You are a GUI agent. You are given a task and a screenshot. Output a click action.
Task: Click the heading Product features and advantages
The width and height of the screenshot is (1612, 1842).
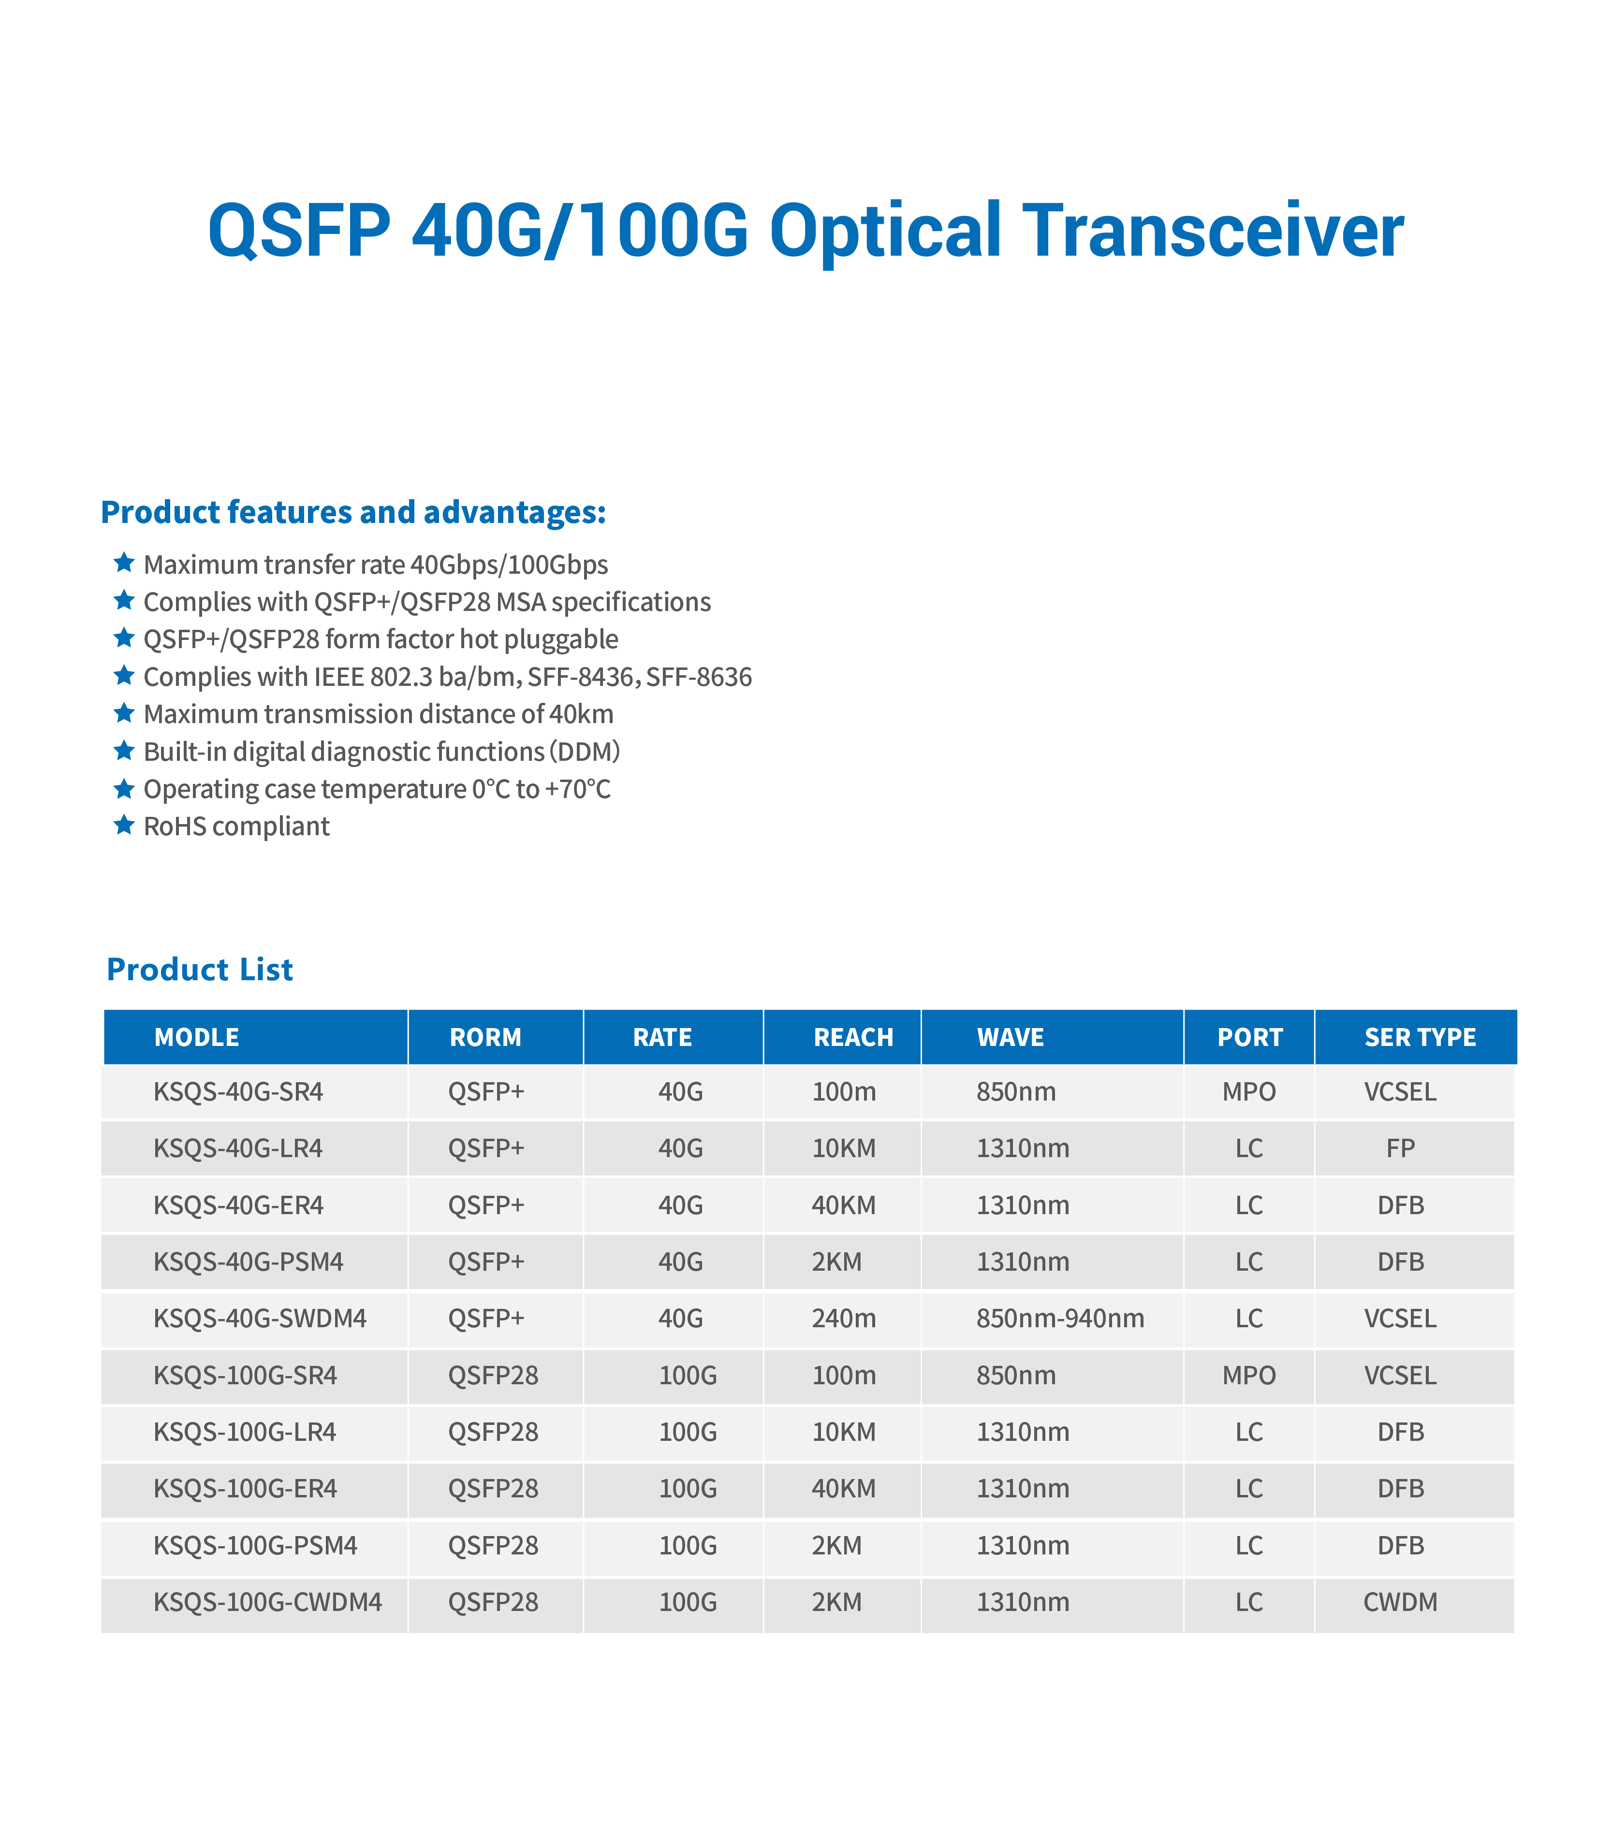[353, 513]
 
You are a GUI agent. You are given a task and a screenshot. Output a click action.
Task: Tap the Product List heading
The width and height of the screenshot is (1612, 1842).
[200, 970]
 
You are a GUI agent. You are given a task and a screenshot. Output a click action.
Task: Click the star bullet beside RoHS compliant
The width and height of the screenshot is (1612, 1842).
[124, 825]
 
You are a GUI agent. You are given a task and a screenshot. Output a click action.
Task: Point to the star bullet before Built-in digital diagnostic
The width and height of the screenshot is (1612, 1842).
[124, 750]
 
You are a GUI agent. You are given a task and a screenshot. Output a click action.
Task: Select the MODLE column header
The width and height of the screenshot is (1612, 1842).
[197, 1037]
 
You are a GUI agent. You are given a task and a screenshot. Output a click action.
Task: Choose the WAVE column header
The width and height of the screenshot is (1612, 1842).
[1010, 1037]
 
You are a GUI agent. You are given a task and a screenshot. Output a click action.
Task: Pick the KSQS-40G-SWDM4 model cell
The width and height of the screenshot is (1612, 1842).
[260, 1319]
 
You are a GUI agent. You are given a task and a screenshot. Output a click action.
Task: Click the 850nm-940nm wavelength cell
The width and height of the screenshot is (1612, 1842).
[1061, 1319]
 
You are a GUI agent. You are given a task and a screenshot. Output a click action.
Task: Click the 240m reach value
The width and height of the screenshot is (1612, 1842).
[844, 1319]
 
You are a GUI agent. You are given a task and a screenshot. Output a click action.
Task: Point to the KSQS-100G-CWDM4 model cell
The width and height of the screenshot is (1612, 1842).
[268, 1602]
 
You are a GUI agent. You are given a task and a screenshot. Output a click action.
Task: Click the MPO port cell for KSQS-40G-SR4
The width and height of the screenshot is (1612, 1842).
[1248, 1092]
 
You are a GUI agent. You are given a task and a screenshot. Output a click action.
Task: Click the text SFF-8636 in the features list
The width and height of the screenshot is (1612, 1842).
[699, 676]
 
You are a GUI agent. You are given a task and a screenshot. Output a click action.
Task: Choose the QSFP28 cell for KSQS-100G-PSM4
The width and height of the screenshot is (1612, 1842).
[493, 1545]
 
